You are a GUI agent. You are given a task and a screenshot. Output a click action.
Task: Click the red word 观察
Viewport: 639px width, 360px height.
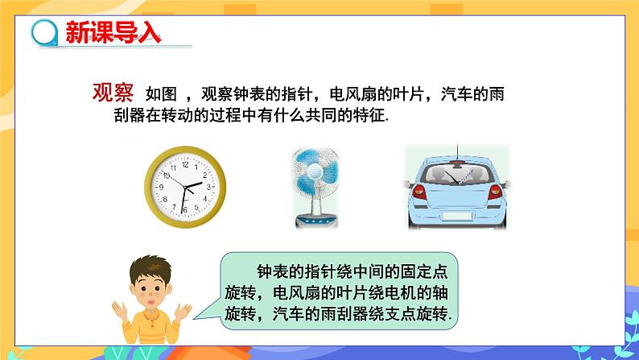tap(112, 93)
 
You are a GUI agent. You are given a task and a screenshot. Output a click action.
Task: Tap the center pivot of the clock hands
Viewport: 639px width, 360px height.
tap(184, 187)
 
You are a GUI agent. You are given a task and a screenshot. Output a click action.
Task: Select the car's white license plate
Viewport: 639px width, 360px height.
tap(457, 217)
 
